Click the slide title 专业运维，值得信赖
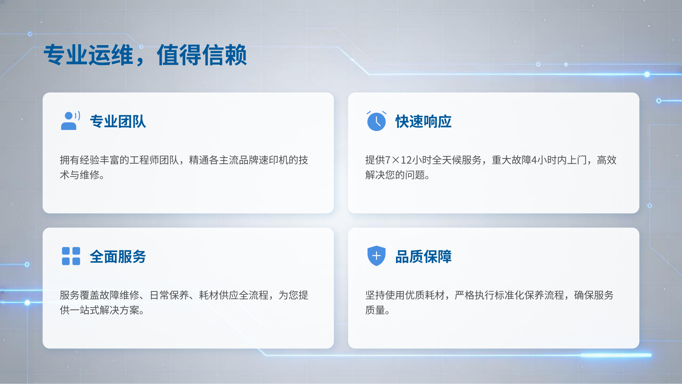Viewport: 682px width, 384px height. tap(145, 55)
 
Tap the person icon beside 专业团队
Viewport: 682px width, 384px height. tap(70, 121)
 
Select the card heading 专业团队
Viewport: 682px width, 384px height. tap(118, 122)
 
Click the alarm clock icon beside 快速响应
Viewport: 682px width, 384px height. tap(376, 121)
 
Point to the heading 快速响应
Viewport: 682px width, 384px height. tap(423, 122)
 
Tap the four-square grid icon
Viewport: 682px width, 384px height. tap(71, 256)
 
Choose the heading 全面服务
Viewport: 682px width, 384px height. tap(118, 257)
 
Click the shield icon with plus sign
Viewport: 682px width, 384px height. tap(376, 256)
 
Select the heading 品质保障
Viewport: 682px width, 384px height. tap(423, 257)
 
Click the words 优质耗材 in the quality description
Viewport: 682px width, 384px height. tap(425, 295)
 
